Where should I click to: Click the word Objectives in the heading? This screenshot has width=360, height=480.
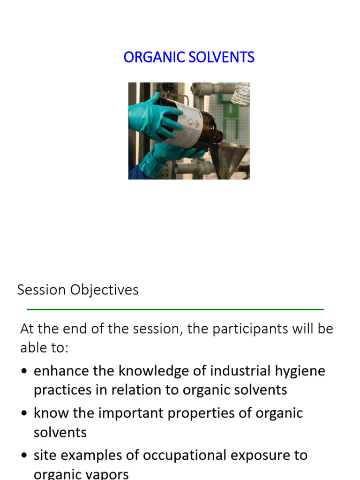coord(105,290)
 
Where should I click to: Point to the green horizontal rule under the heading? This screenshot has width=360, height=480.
coord(175,309)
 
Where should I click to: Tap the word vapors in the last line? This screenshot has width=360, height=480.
coord(104,474)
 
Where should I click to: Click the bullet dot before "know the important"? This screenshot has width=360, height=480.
coord(24,414)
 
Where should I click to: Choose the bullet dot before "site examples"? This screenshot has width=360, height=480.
coord(24,456)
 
